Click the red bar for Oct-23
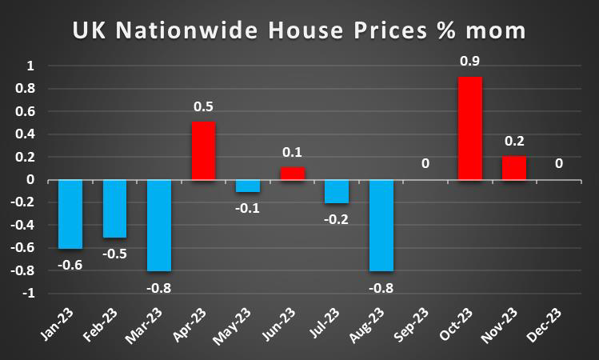tap(469, 128)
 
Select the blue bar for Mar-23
tap(158, 226)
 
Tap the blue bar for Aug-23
tap(380, 226)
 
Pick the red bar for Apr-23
tap(203, 150)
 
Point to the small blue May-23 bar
tap(248, 186)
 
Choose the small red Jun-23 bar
tap(292, 174)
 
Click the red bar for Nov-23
tap(513, 168)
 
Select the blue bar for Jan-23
tap(70, 214)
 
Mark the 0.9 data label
tap(469, 61)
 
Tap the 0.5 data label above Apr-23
tap(203, 106)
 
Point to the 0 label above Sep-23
tap(425, 164)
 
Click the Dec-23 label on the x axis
tap(558, 328)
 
